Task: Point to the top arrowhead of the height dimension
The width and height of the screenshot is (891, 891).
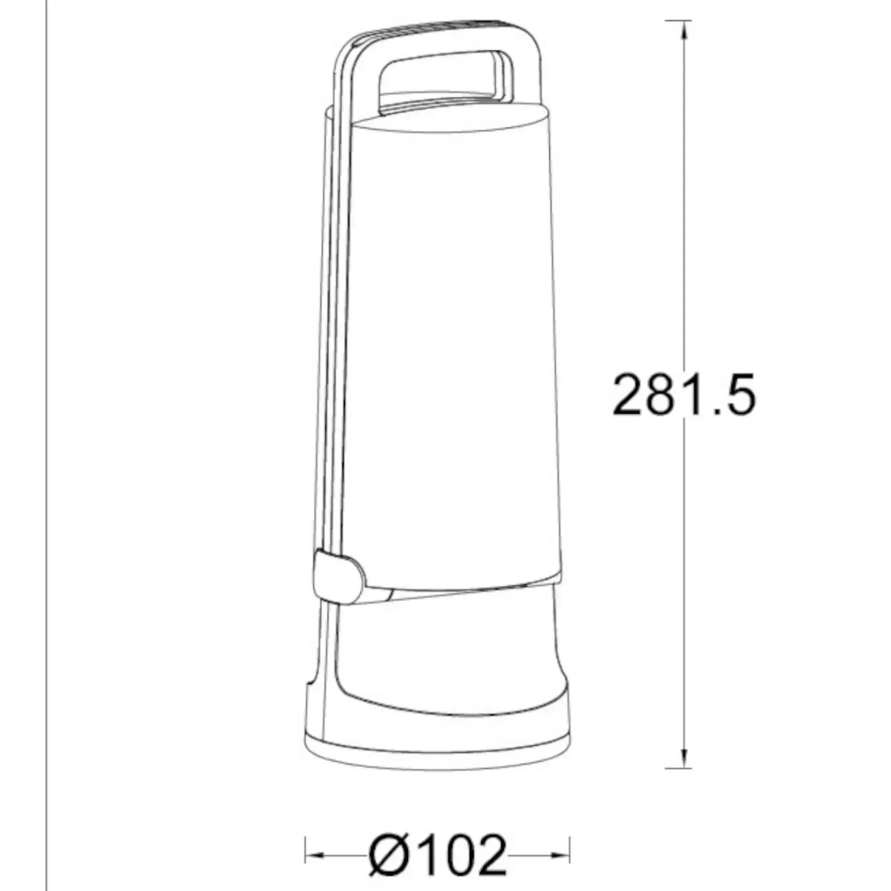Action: (685, 31)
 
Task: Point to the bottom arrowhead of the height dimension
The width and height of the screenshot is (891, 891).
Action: (685, 758)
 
